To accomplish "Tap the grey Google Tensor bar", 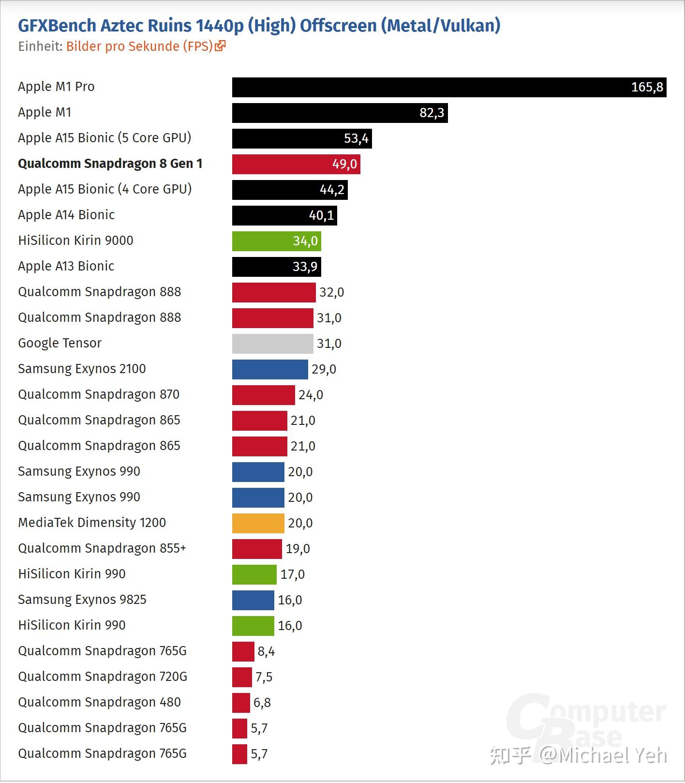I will coord(272,344).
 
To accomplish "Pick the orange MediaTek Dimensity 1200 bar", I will coord(258,523).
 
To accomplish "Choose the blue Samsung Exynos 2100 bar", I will coord(270,369).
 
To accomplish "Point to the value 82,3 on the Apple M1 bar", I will coord(432,113).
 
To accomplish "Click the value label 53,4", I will coord(356,139).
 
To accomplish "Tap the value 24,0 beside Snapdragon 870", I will coord(311,395).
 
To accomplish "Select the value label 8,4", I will coord(266,651).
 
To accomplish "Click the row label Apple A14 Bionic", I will coord(66,215).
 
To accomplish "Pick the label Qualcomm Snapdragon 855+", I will coord(102,548).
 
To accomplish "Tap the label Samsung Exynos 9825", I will coord(82,600).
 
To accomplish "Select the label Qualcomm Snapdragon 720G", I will coord(103,677).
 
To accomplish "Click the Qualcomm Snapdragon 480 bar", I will coord(241,703).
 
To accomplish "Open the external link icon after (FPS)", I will coord(221,46).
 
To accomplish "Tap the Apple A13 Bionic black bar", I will coord(276,267).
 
